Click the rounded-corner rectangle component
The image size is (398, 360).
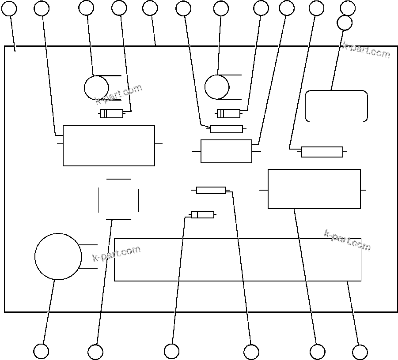[x=336, y=106]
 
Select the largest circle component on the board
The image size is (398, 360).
[x=58, y=256]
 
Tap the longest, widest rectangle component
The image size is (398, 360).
[x=238, y=259]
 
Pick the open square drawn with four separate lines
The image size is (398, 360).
[x=118, y=199]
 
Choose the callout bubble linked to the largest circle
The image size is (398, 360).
[x=41, y=351]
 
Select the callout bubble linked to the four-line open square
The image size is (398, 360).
[x=95, y=352]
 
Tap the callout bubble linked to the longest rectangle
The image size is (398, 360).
[x=360, y=352]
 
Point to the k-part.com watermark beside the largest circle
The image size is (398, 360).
[x=117, y=253]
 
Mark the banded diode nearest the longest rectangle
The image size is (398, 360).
[x=202, y=214]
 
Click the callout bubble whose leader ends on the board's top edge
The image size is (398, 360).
[x=150, y=7]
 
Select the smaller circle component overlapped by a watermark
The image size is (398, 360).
[x=96, y=87]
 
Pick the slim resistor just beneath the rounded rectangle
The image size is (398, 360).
[x=322, y=152]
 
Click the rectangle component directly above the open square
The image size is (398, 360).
[x=109, y=146]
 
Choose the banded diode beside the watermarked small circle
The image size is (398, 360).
[x=111, y=114]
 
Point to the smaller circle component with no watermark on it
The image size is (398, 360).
[x=217, y=87]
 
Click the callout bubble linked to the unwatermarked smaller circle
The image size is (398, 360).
[x=220, y=8]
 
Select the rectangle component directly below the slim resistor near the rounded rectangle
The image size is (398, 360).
[x=314, y=189]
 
